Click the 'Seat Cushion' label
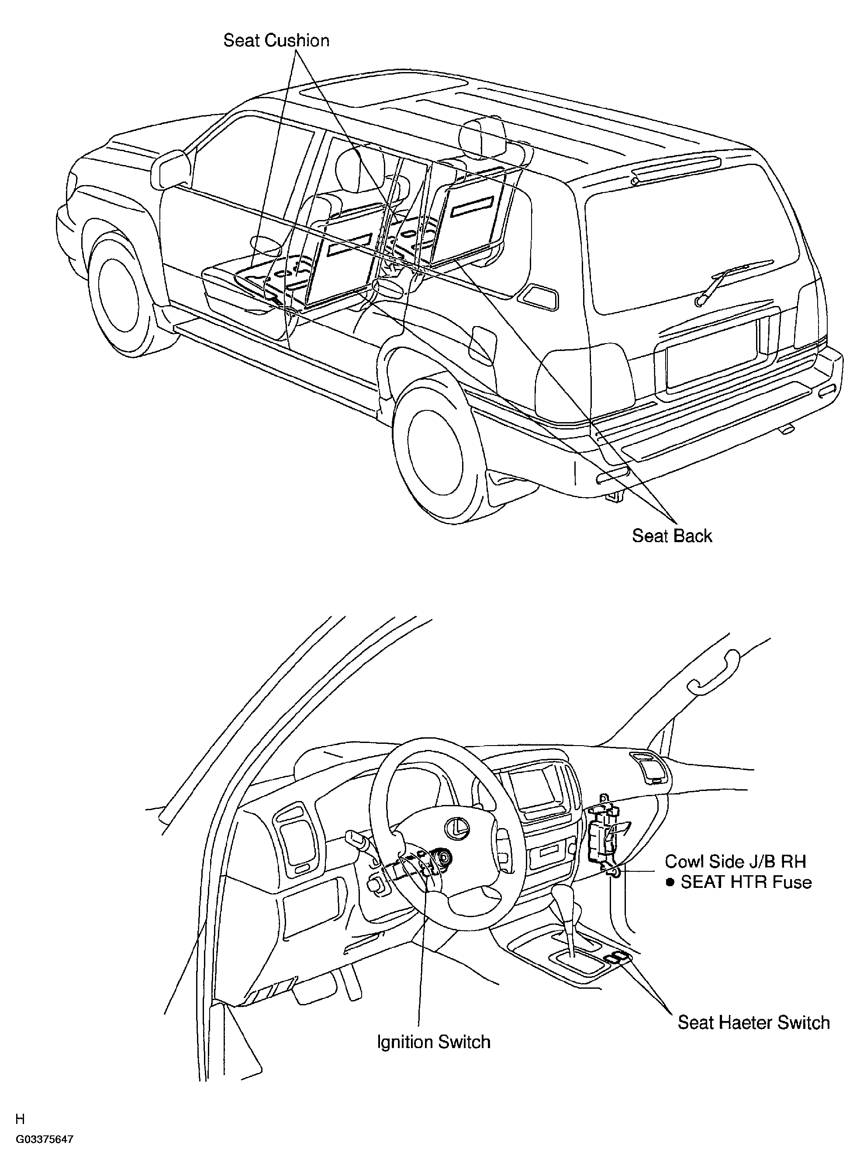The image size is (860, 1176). click(x=276, y=41)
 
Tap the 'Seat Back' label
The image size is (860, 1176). click(x=672, y=536)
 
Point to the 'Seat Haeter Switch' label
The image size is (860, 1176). click(x=753, y=1022)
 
